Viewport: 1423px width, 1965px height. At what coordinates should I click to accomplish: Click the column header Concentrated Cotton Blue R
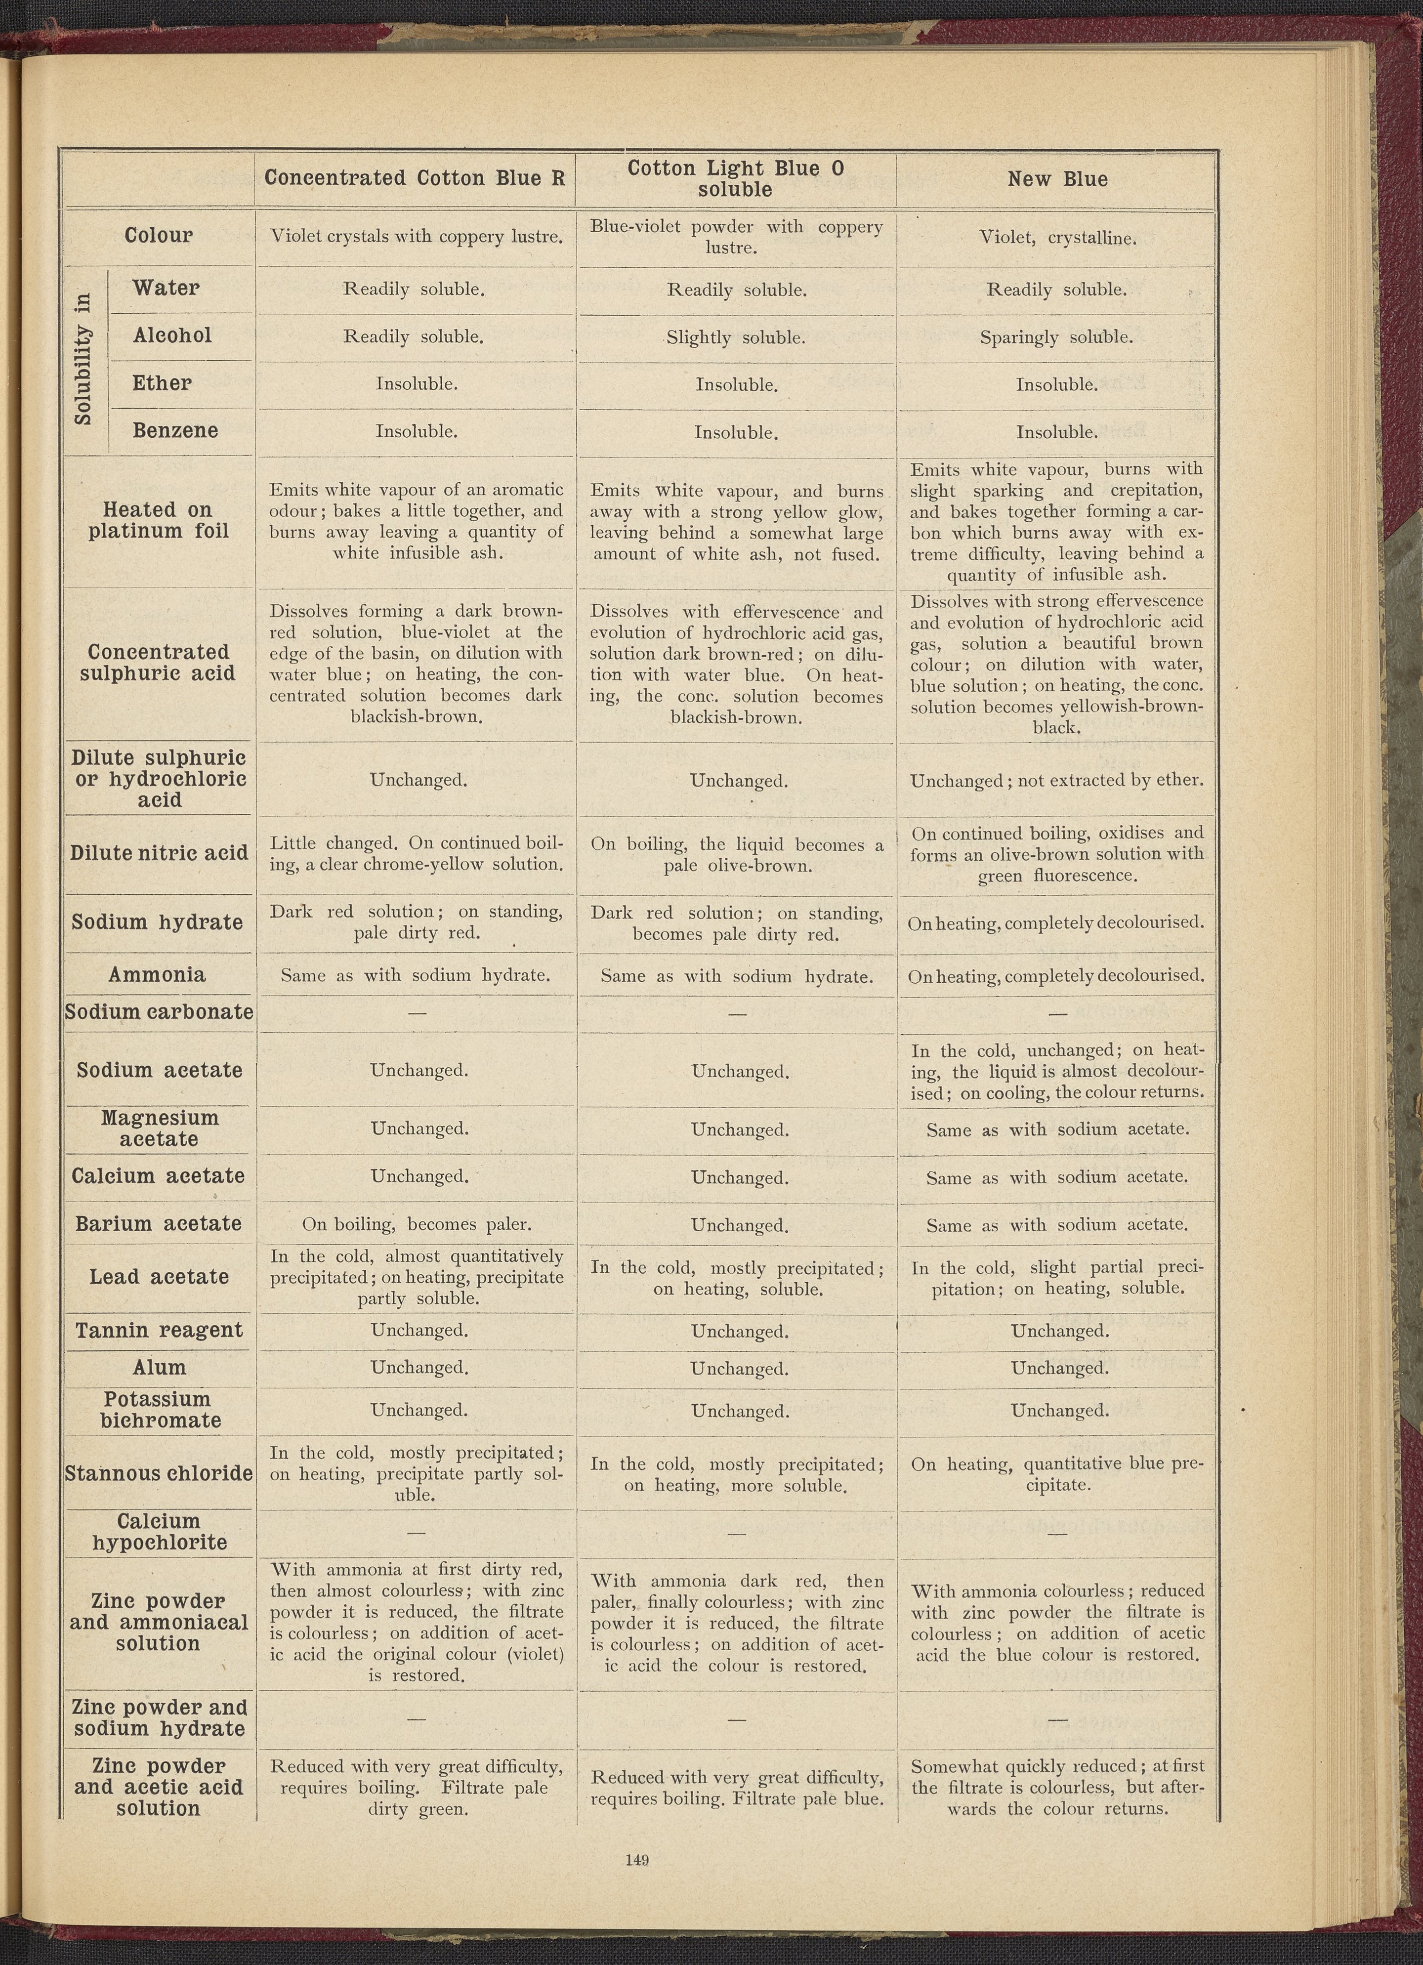(x=414, y=178)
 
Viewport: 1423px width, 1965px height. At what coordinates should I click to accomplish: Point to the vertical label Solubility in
(x=83, y=360)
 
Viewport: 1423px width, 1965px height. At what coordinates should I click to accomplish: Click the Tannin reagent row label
(x=159, y=1330)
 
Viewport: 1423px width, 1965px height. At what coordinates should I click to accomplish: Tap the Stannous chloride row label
(x=159, y=1473)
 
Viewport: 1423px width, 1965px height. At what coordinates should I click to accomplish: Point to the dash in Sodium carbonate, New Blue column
(x=1056, y=1013)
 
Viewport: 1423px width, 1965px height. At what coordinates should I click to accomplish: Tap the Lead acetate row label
(x=159, y=1276)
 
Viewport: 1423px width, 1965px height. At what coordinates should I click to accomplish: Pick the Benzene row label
(x=175, y=431)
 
